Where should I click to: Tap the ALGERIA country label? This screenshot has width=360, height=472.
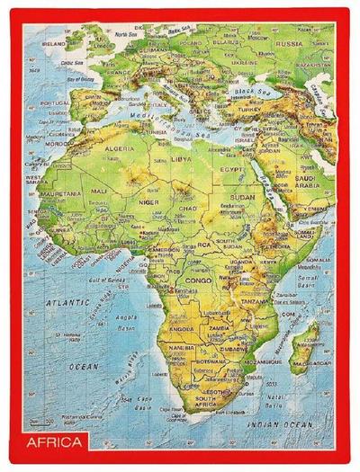coord(121,149)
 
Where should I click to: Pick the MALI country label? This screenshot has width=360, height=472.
coord(98,191)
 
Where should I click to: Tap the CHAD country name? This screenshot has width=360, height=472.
coord(190,209)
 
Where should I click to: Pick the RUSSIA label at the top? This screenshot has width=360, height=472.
coord(288,43)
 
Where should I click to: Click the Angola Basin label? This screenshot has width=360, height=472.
coord(121,321)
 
